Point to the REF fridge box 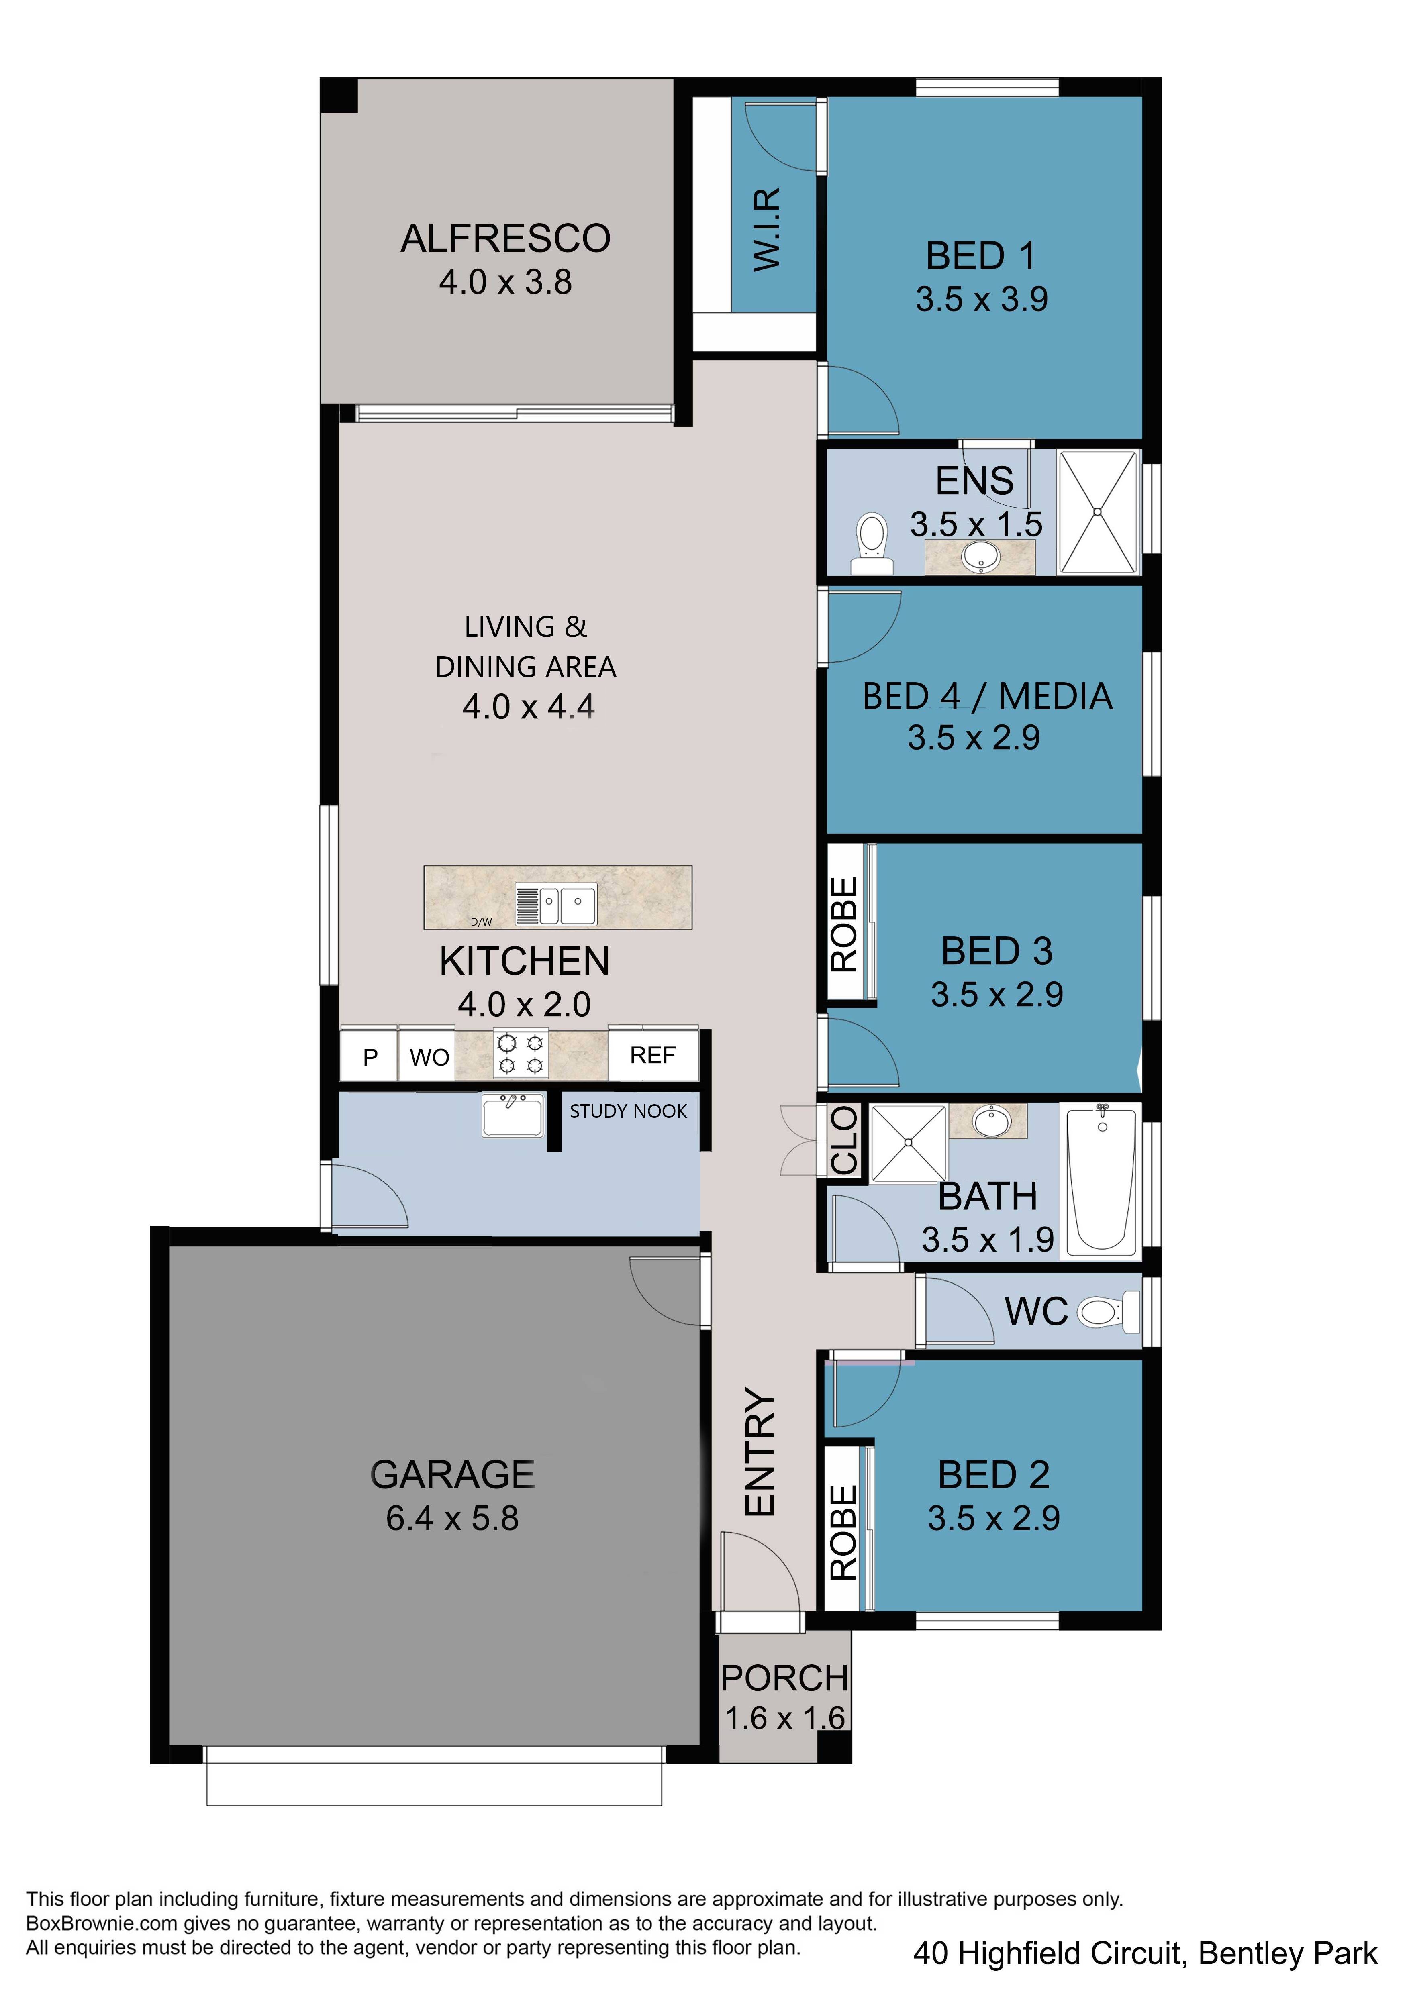pyautogui.click(x=652, y=1055)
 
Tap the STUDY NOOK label pyautogui.click(x=628, y=1111)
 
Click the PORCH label pyautogui.click(x=784, y=1679)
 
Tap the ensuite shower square pyautogui.click(x=1098, y=512)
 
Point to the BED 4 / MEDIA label pyautogui.click(x=987, y=697)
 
